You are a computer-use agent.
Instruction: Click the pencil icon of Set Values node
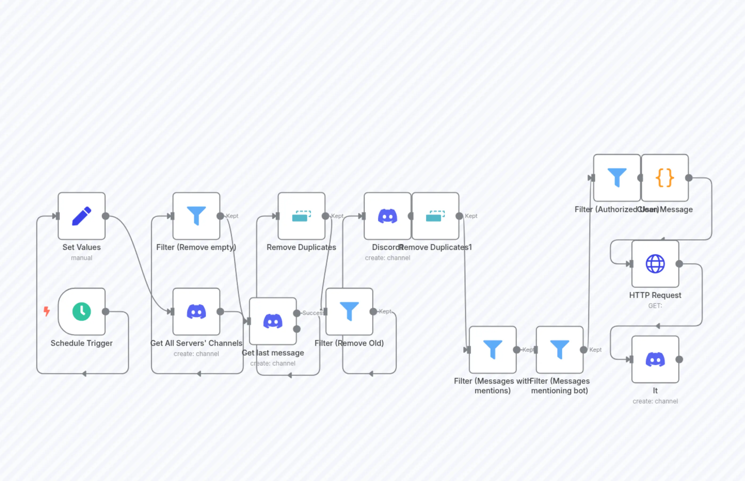(82, 216)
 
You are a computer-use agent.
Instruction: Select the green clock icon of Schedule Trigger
(82, 312)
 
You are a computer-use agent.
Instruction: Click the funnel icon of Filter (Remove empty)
(196, 216)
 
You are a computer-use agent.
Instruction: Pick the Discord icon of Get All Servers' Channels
(196, 312)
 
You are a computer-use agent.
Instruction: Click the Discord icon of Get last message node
(273, 321)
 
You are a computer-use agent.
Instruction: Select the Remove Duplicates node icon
(301, 216)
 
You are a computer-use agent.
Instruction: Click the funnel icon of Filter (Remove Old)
(349, 311)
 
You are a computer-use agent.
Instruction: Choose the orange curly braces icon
(665, 178)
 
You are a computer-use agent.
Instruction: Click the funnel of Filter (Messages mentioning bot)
(559, 349)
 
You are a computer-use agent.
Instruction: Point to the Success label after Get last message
(313, 313)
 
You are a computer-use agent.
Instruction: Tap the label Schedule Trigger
(82, 343)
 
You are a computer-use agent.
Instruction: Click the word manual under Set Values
(82, 258)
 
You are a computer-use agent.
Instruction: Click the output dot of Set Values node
(106, 216)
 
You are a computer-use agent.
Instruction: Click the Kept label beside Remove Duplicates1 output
(471, 216)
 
